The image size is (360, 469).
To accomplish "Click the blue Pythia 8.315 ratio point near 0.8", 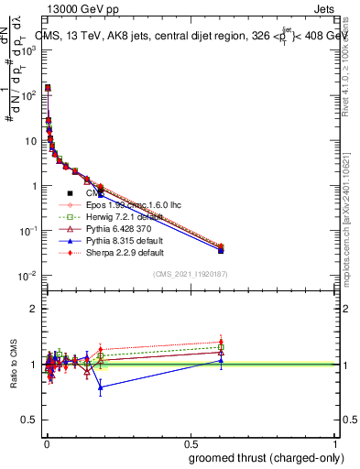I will click(100, 387).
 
